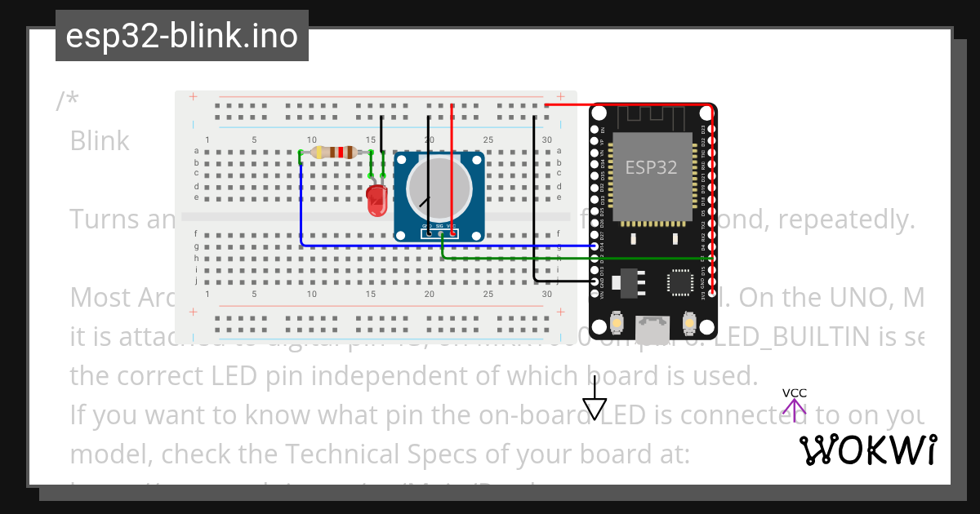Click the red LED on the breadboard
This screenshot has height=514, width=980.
coord(376,201)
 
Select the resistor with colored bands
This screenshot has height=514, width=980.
coord(333,153)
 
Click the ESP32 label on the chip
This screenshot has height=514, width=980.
coord(651,167)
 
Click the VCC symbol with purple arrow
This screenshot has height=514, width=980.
coord(794,402)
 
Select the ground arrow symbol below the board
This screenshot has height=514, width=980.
coord(595,406)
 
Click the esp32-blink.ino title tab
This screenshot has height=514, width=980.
coord(181,36)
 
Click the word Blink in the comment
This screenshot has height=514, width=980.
coord(100,141)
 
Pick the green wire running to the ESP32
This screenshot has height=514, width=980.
coord(572,259)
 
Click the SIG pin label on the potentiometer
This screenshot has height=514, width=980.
coord(439,226)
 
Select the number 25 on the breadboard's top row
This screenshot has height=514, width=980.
coord(488,140)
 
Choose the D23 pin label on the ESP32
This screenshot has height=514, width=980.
coord(704,129)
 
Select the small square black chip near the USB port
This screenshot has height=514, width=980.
coord(679,281)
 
